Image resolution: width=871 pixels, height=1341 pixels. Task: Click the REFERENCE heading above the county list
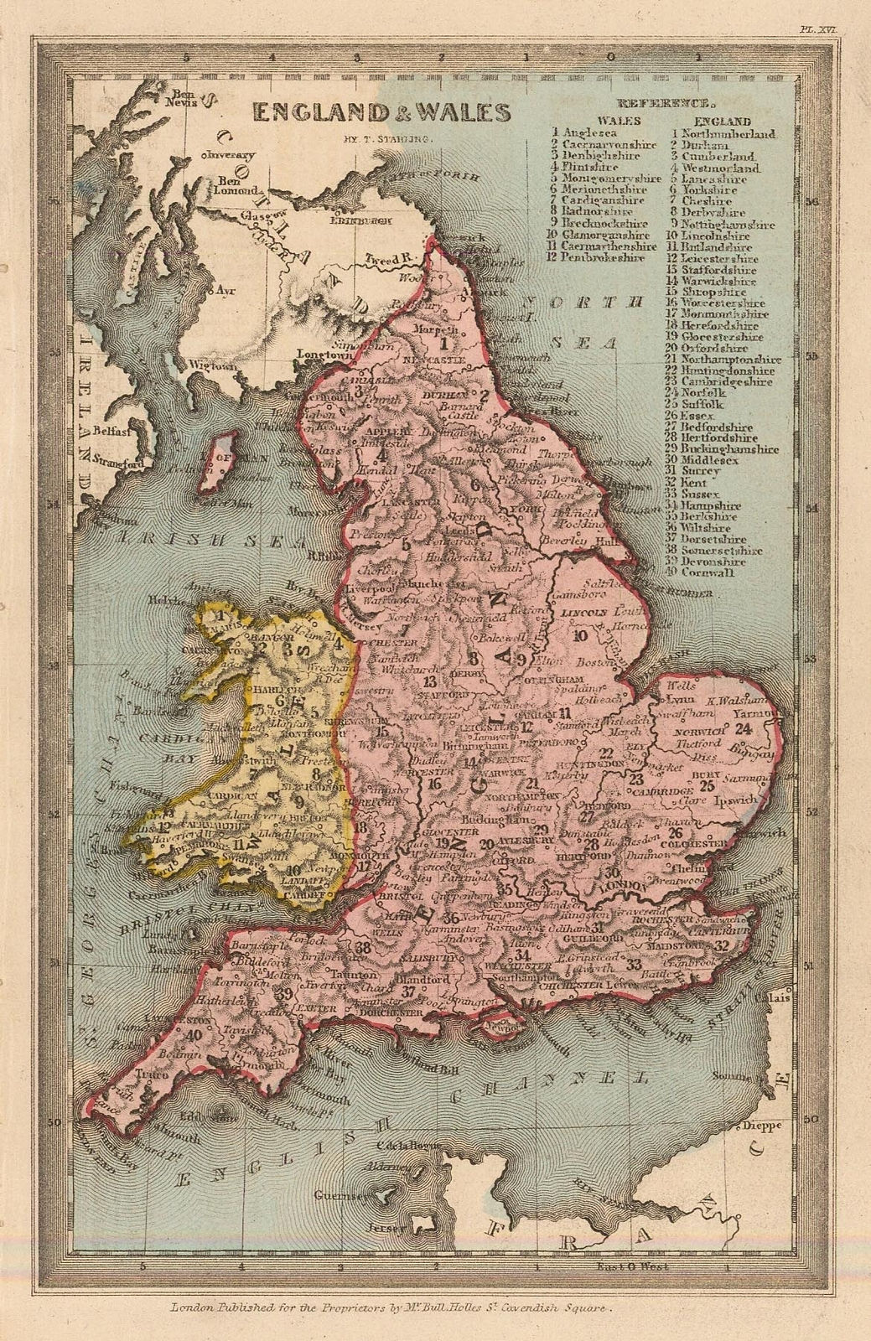(x=664, y=105)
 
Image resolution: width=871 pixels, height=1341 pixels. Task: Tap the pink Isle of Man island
(x=220, y=461)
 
